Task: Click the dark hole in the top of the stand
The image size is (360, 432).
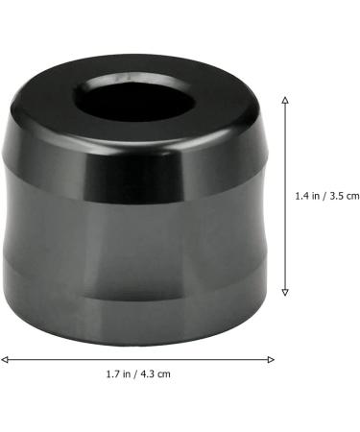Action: (x=136, y=100)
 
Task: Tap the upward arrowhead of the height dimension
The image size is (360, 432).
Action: (x=285, y=100)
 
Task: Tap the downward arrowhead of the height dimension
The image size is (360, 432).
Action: (x=285, y=292)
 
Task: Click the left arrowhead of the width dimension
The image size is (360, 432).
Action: (x=5, y=359)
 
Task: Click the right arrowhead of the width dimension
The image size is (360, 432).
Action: (x=271, y=359)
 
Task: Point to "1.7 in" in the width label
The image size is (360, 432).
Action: (x=118, y=373)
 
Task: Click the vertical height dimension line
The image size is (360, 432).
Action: (x=285, y=196)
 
